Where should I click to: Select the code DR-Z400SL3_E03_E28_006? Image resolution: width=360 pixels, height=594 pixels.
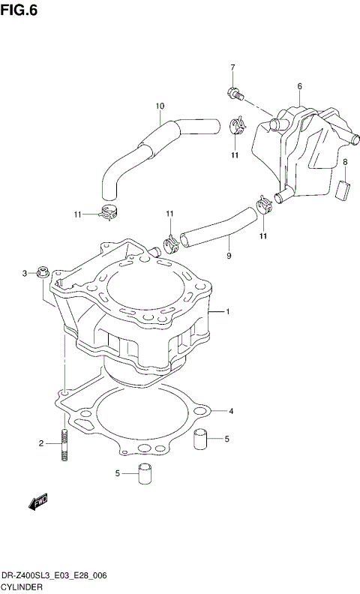click(x=53, y=574)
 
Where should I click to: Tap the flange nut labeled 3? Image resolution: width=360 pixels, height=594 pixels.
click(x=42, y=271)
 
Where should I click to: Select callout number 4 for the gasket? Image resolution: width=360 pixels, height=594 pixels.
click(x=232, y=411)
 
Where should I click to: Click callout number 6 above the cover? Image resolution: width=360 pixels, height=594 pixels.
click(x=298, y=86)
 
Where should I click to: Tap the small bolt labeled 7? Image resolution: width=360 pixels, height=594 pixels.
click(x=233, y=94)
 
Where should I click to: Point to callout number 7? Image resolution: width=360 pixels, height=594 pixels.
click(x=232, y=68)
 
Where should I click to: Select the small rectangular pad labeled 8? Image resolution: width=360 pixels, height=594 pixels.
click(x=345, y=187)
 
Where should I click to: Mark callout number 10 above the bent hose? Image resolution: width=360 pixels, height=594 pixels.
click(x=159, y=106)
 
